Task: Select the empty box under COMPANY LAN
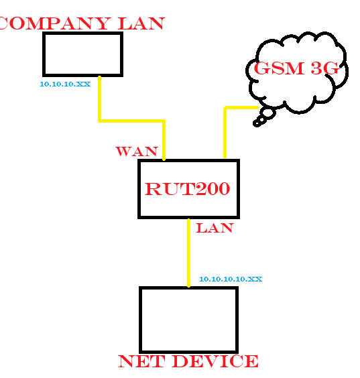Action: (x=82, y=54)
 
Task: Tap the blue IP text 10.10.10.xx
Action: (x=65, y=84)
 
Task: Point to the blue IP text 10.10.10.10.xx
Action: (x=230, y=278)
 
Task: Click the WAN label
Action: (x=137, y=151)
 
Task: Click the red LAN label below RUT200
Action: (x=214, y=229)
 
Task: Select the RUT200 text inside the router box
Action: (x=188, y=189)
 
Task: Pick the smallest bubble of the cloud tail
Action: (x=257, y=123)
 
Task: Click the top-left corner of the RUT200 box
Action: (x=139, y=161)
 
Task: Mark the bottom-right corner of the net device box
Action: (x=237, y=351)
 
